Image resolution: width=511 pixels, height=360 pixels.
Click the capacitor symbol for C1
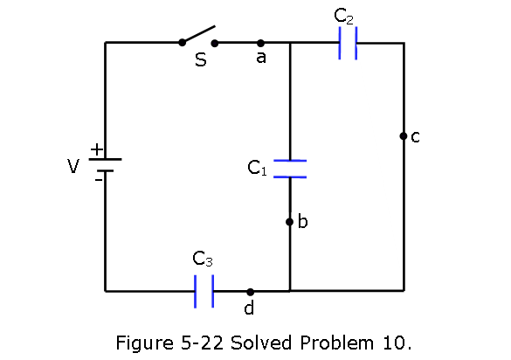[x=290, y=169]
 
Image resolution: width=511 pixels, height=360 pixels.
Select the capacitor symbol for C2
[x=348, y=44]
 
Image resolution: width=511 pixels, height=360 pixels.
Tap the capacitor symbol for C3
[x=204, y=291]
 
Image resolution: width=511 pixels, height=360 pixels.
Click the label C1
[x=257, y=168]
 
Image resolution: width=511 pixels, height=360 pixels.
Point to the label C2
[x=343, y=16]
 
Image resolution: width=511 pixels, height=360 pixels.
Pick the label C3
[x=203, y=259]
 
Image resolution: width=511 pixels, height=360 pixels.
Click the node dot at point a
[x=260, y=43]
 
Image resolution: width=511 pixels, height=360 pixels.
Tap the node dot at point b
[x=289, y=222]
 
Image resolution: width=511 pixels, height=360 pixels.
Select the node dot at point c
[x=404, y=136]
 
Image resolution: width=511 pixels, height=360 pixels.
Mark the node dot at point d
[x=250, y=292]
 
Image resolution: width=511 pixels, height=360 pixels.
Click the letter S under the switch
[x=201, y=59]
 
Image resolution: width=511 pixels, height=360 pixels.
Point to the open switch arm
[x=197, y=34]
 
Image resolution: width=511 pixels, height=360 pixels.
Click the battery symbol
[x=106, y=165]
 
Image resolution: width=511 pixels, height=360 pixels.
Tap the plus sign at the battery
[x=97, y=149]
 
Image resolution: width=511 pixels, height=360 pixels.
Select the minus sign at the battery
[x=98, y=180]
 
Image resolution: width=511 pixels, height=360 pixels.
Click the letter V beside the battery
[x=73, y=166]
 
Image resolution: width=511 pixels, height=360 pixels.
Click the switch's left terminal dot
[x=183, y=43]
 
